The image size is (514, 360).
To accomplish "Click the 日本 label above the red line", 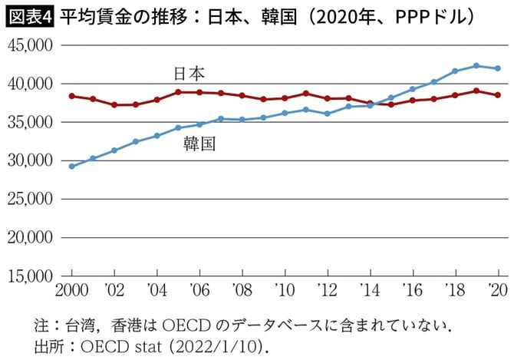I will click(x=189, y=73).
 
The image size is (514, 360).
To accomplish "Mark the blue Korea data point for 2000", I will click(x=72, y=166).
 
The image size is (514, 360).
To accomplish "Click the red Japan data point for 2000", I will click(x=72, y=96).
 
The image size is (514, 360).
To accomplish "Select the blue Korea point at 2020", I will click(x=498, y=68).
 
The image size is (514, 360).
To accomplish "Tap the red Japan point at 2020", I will click(x=498, y=95).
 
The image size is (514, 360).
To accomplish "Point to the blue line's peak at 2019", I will click(x=476, y=66).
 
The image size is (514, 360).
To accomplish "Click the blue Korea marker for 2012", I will click(x=328, y=114).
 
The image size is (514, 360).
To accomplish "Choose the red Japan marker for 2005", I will click(x=178, y=92).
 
